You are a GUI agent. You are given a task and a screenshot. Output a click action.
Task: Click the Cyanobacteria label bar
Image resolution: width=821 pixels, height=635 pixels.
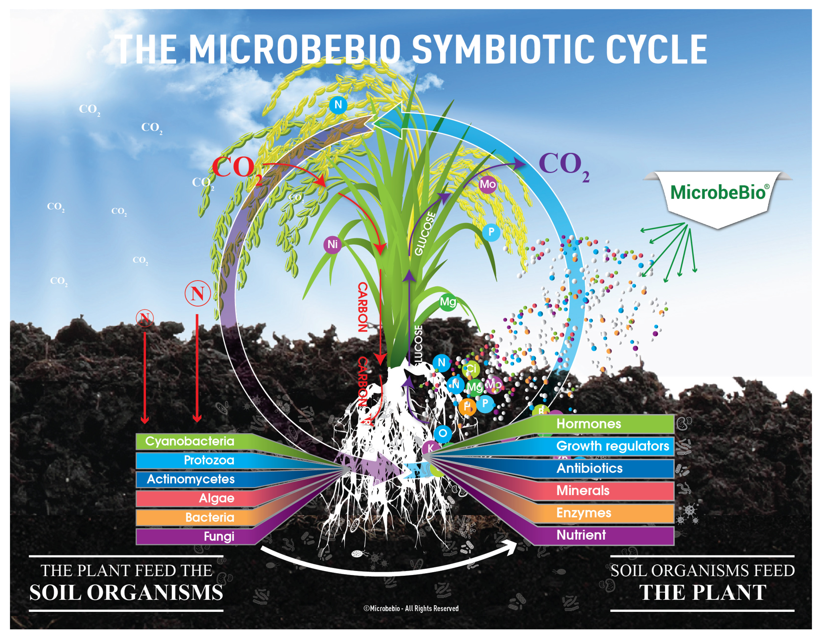point(190,441)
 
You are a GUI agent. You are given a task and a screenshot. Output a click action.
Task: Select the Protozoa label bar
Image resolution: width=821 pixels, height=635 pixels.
point(209,460)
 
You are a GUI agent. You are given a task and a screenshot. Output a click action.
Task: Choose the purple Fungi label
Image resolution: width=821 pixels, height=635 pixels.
point(219,536)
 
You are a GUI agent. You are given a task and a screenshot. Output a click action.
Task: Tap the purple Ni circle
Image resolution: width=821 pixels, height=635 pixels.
point(332,245)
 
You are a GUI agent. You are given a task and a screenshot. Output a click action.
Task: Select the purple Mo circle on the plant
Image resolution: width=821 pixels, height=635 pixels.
point(488,184)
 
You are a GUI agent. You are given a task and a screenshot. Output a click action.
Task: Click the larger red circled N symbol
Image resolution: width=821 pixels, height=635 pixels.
point(197,293)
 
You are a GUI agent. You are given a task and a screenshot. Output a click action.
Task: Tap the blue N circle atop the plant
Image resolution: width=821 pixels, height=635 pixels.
point(338,105)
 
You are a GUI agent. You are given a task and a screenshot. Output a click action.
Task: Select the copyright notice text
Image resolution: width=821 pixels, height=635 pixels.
point(411,608)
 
